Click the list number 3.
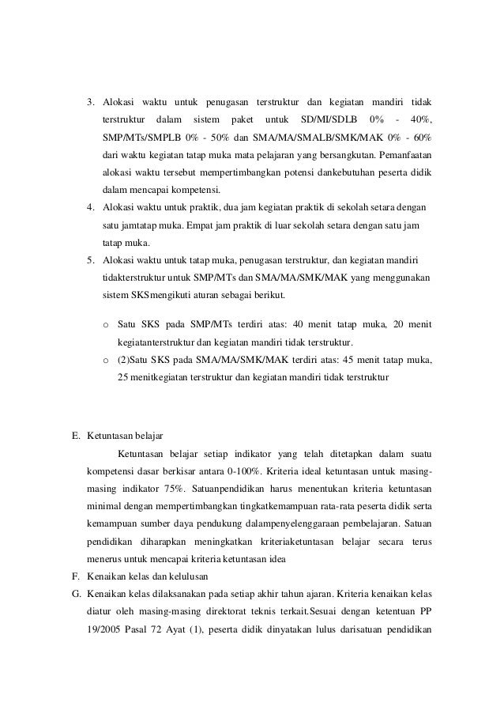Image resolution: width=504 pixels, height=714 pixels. tap(90, 102)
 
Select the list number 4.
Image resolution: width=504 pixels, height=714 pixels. tap(90, 208)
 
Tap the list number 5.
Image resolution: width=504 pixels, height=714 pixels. tap(90, 260)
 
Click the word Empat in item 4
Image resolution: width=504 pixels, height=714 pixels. tap(204, 225)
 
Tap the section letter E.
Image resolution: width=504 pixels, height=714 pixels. tap(75, 436)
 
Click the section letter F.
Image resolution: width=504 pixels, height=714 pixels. tap(75, 576)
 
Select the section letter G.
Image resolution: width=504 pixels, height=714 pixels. tap(75, 594)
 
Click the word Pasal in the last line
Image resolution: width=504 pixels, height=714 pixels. tap(150, 629)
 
